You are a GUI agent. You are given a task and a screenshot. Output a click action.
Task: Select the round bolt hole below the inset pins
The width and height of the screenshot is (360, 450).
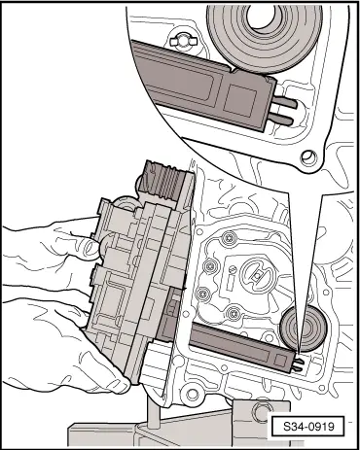[308, 156]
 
